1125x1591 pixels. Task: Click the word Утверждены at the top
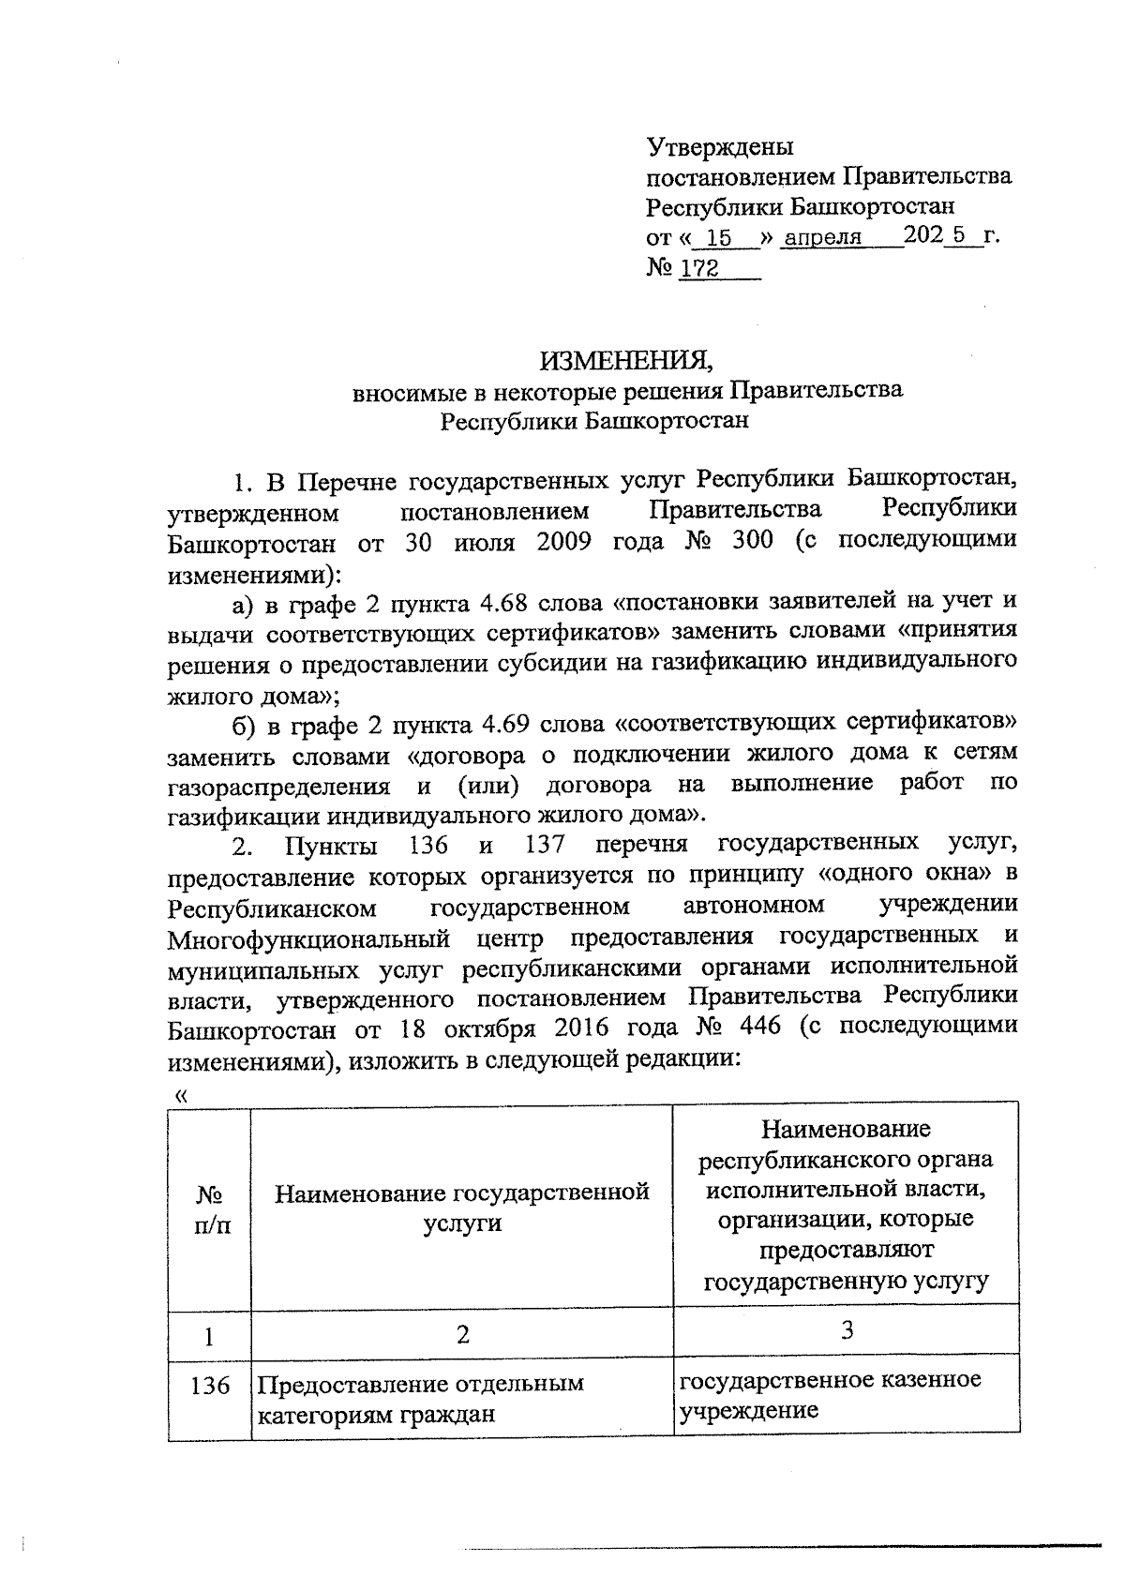pos(720,147)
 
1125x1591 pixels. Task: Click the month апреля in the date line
pos(822,238)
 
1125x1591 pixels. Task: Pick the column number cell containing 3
pos(847,1329)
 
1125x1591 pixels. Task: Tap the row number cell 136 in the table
pos(210,1385)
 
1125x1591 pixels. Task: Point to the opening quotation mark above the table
pos(182,1094)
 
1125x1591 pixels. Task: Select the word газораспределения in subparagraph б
pos(278,786)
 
